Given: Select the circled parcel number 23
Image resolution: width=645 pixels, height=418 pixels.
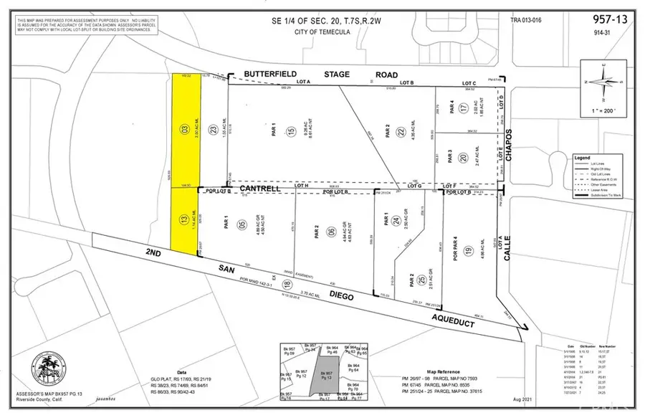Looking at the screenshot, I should pos(213,130).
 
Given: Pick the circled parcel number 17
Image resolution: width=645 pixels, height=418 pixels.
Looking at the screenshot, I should pos(464,108).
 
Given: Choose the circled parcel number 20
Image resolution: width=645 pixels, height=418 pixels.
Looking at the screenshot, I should pos(464,158).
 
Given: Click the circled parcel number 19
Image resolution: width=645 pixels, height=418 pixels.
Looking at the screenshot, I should pos(469,251).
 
